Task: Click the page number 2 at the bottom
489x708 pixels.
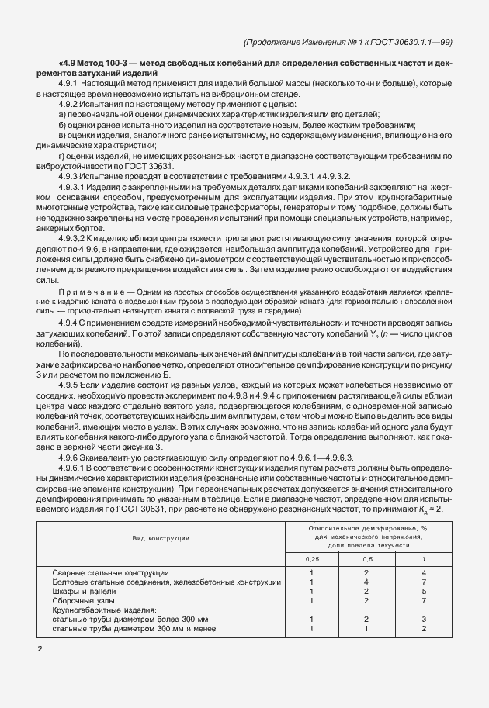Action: (x=39, y=647)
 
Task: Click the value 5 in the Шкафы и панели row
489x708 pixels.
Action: (x=423, y=590)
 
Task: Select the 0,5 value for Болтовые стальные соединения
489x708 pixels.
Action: (x=366, y=581)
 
